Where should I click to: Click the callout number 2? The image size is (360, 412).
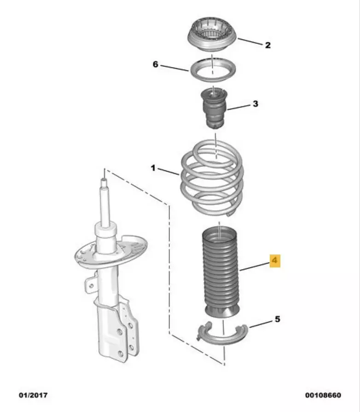coord(267,45)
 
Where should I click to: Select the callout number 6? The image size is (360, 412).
coord(156,64)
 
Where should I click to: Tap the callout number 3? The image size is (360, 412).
coord(255,104)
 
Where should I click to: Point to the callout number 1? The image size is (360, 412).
coord(153,168)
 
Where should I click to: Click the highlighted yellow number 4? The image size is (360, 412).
coord(275,261)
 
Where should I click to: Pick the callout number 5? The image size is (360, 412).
coord(278,319)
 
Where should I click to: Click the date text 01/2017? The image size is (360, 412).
coord(33,395)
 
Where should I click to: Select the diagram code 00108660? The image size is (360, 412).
coord(323,395)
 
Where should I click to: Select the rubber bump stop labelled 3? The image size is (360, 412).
coord(215,108)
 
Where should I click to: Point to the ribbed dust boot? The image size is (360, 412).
coord(220,273)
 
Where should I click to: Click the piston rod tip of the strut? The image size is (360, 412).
coord(105,180)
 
